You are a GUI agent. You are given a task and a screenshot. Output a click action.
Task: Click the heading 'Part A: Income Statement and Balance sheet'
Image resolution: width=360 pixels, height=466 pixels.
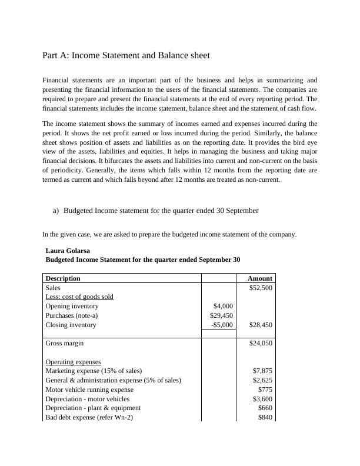pyautogui.click(x=126, y=55)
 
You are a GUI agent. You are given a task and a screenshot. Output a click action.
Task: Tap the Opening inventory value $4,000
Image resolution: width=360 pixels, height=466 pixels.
pyautogui.click(x=222, y=306)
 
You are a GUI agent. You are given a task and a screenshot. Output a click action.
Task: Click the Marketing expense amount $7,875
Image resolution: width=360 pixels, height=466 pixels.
pyautogui.click(x=263, y=371)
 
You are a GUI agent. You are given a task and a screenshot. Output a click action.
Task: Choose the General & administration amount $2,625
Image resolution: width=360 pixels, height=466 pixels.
pyautogui.click(x=263, y=380)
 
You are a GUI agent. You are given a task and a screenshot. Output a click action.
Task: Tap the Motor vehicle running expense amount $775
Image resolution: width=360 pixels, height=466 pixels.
pyautogui.click(x=265, y=390)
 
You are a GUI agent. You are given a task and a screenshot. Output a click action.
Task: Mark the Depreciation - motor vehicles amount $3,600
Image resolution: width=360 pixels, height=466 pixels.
pyautogui.click(x=263, y=399)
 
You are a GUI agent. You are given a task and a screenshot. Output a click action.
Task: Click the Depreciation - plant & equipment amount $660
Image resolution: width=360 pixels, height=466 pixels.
pyautogui.click(x=265, y=408)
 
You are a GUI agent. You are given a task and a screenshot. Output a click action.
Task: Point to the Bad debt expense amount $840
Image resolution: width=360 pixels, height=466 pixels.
pyautogui.click(x=265, y=417)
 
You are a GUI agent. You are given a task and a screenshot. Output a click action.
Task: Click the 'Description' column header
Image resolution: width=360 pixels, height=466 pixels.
pyautogui.click(x=63, y=278)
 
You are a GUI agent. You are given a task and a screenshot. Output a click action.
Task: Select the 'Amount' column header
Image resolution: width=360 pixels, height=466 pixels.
pyautogui.click(x=260, y=278)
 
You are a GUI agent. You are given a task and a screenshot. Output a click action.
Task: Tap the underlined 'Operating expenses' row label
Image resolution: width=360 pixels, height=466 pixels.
pyautogui.click(x=74, y=362)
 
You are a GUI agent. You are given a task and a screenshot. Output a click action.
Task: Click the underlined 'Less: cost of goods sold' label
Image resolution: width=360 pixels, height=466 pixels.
pyautogui.click(x=79, y=297)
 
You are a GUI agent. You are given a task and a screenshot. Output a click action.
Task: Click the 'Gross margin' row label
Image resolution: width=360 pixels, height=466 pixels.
pyautogui.click(x=65, y=343)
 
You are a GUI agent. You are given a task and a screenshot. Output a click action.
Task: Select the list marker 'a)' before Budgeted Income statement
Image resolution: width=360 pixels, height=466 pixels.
pyautogui.click(x=56, y=210)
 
